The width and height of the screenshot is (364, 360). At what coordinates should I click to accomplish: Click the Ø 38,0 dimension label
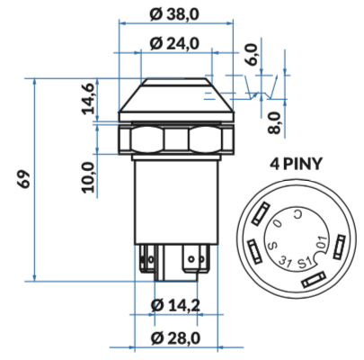point(174,14)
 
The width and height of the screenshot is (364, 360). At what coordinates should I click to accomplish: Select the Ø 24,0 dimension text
point(174,44)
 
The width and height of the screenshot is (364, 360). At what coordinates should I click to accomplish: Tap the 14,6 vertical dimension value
point(89,98)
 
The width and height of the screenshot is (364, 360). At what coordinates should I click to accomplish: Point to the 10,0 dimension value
point(88,176)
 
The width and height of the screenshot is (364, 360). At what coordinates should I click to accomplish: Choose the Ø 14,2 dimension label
point(175,306)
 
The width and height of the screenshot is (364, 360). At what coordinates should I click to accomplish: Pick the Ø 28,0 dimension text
point(175,338)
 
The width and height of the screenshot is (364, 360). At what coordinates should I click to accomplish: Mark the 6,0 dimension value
point(251,54)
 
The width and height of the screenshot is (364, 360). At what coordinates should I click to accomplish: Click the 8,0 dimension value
point(274,122)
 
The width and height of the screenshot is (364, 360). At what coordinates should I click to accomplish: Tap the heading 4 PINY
point(296,164)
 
